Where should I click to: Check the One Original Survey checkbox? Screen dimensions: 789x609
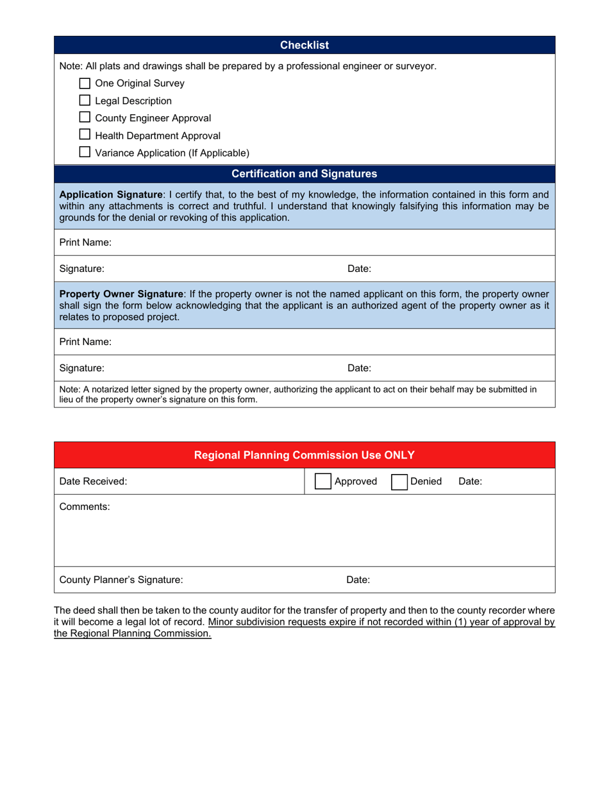[85, 83]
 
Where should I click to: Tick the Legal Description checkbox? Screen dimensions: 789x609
[85, 100]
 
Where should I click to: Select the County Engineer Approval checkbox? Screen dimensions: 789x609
[85, 117]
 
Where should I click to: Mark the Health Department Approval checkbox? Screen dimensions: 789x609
[85, 135]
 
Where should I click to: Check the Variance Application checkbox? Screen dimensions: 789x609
[85, 152]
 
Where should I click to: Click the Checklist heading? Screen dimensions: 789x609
[304, 45]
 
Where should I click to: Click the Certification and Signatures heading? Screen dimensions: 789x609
[304, 174]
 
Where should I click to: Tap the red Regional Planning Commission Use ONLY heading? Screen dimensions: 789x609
[304, 455]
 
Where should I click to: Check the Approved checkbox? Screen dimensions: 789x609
[323, 481]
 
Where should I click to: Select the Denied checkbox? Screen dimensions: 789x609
[398, 481]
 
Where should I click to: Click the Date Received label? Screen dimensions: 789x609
[93, 481]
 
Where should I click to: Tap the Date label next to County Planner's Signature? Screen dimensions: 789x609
[358, 580]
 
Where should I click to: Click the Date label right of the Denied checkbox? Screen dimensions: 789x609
[471, 481]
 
